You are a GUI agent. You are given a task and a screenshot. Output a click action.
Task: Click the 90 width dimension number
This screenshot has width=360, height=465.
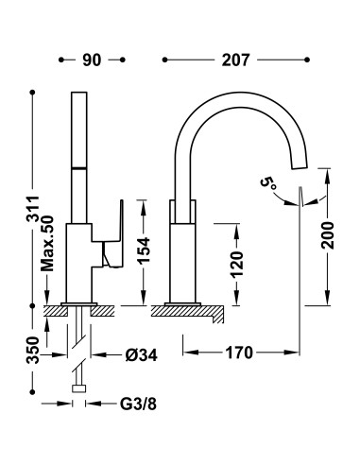[92, 60]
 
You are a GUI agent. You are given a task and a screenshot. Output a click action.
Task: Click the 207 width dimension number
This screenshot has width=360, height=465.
[235, 60]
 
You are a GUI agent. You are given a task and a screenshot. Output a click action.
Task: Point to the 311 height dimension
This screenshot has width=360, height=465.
[32, 209]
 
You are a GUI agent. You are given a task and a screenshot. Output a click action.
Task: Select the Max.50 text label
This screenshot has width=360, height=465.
[48, 243]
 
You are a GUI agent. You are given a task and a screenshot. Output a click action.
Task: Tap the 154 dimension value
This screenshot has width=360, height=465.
[144, 250]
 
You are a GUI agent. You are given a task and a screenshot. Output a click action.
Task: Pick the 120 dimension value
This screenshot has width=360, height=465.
[237, 265]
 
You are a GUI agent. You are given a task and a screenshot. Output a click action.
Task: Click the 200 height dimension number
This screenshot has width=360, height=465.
[328, 235]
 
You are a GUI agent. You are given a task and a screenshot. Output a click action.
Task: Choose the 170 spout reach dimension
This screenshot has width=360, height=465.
[239, 353]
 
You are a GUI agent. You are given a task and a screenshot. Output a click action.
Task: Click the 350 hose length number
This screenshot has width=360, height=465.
[32, 351]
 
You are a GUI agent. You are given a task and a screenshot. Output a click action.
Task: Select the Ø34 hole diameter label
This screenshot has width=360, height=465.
[142, 355]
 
